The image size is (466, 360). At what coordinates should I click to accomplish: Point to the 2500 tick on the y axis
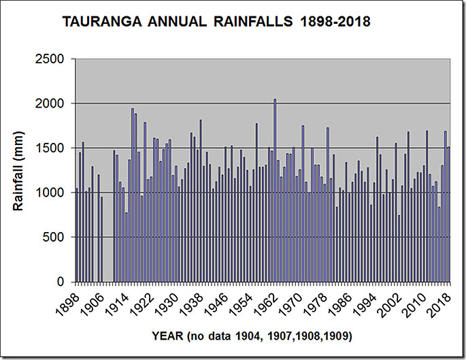(x=50, y=59)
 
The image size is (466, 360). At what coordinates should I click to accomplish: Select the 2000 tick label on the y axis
(x=50, y=103)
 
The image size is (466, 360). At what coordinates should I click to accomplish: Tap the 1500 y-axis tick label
(x=50, y=148)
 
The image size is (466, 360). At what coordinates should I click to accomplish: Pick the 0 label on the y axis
(x=61, y=282)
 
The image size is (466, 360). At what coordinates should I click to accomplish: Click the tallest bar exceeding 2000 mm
(x=275, y=191)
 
